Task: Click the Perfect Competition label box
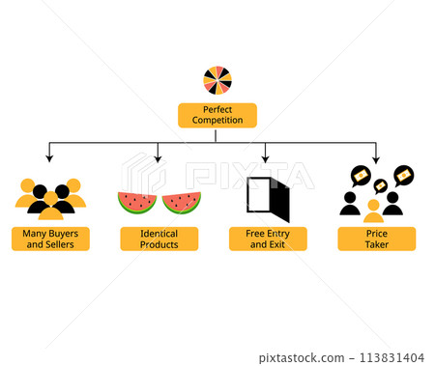217,115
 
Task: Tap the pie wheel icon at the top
217,80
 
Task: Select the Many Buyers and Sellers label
50,239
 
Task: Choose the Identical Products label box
159,239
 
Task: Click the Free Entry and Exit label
268,239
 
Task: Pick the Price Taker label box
377,239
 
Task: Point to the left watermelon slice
137,203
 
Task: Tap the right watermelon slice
182,203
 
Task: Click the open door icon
269,198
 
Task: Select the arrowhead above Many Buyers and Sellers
50,157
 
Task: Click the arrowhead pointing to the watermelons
159,157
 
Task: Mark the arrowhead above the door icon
268,157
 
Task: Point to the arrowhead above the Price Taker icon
377,157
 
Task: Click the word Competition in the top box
217,121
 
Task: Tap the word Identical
159,233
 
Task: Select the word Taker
377,244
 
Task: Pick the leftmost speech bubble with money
359,175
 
